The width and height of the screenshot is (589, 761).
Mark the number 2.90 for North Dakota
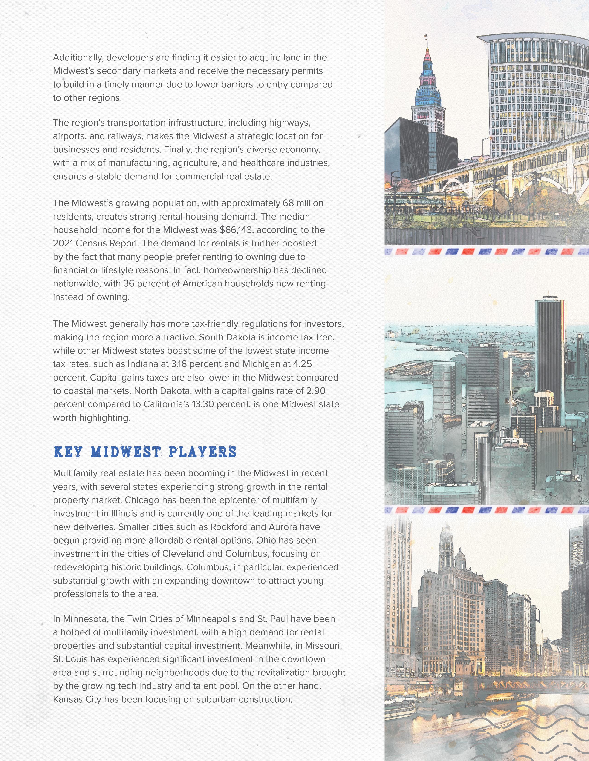[x=316, y=391]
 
